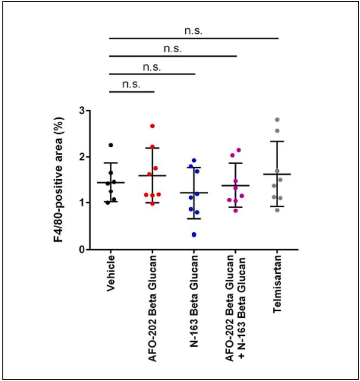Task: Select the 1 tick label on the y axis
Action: click(81, 203)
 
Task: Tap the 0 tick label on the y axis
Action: click(81, 250)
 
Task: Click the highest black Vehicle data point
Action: click(110, 145)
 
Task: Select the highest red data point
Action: click(153, 126)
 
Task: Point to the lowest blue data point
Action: click(194, 235)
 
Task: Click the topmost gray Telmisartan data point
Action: click(277, 119)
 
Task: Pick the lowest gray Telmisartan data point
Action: click(277, 210)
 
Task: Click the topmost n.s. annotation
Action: click(194, 31)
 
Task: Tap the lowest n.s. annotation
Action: click(132, 85)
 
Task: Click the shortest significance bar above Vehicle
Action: click(132, 92)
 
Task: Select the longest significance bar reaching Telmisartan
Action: click(194, 38)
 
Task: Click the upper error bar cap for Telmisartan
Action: click(277, 141)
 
